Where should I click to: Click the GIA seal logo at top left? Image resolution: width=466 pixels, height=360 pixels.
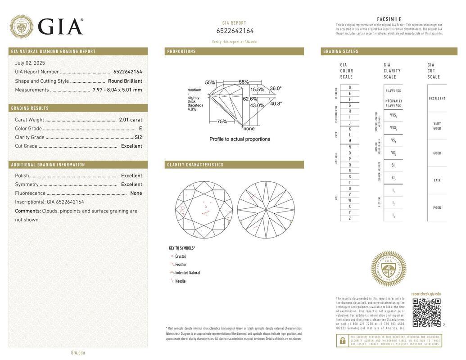[x=21, y=27]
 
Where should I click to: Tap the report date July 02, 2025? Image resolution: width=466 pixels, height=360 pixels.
[x=30, y=63]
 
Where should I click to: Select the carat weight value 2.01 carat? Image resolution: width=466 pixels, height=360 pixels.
[x=130, y=120]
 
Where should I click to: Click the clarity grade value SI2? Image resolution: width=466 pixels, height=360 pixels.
[x=138, y=137]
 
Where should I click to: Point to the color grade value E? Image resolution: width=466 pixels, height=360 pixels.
[x=140, y=128]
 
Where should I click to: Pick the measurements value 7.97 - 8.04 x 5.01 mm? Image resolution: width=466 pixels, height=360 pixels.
[x=117, y=90]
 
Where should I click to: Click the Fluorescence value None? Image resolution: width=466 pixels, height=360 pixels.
[x=136, y=193]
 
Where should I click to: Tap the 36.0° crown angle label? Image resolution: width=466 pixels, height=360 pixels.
[x=276, y=89]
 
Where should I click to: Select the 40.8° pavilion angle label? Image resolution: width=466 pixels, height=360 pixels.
[x=276, y=103]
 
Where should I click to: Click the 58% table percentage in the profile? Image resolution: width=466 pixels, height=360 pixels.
[x=244, y=82]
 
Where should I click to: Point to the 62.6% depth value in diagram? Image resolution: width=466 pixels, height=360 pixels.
[x=250, y=99]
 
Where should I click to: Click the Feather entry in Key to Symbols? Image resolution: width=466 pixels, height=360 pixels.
[x=181, y=265]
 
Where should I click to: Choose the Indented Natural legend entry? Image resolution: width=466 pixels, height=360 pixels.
[x=187, y=273]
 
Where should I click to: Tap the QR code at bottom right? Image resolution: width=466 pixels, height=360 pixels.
[x=426, y=312]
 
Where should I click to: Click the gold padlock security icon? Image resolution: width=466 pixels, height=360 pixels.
[x=342, y=341]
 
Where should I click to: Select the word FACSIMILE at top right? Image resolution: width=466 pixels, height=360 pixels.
[x=389, y=19]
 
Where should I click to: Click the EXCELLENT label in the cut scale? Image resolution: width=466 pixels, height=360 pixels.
[x=437, y=99]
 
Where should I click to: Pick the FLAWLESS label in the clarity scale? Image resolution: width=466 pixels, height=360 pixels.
[x=393, y=91]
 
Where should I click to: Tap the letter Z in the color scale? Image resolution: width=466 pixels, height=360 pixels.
[x=349, y=218]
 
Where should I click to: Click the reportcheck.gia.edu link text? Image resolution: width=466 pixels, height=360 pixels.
[x=426, y=294]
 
